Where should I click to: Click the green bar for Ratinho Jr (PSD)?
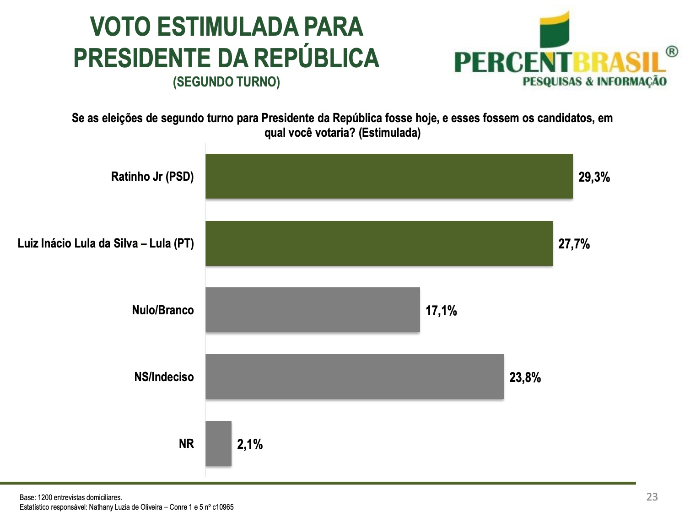[x=389, y=176]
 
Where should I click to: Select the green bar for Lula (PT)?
[x=379, y=243]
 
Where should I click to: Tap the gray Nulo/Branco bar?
[x=313, y=310]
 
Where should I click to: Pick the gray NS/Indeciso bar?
[x=355, y=377]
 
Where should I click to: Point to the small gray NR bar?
[x=218, y=443]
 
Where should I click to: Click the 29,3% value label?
[x=594, y=177]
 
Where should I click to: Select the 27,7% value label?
[x=574, y=244]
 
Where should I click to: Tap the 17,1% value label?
[x=442, y=311]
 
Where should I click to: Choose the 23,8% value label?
[x=525, y=377]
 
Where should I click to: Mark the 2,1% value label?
[x=250, y=444]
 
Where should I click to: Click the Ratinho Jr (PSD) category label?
[x=152, y=177]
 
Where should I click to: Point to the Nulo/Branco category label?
[x=163, y=310]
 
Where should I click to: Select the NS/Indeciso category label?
[x=164, y=377]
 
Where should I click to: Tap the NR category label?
[x=186, y=444]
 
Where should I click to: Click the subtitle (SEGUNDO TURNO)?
[x=226, y=82]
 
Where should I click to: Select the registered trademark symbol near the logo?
[x=672, y=52]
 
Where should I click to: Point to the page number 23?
[x=652, y=497]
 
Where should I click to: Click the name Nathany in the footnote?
[x=99, y=507]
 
